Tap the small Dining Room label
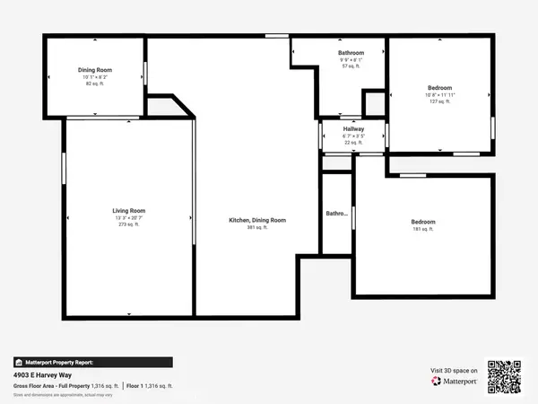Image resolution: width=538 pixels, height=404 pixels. pyautogui.click(x=95, y=69)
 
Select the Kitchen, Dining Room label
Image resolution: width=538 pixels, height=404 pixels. pyautogui.click(x=257, y=220)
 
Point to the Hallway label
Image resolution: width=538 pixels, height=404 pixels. pyautogui.click(x=352, y=129)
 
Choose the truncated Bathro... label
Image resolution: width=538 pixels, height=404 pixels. pyautogui.click(x=336, y=214)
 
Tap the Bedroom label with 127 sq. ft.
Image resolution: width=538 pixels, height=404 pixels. pyautogui.click(x=439, y=87)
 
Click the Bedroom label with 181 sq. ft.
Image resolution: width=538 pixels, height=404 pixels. pyautogui.click(x=423, y=222)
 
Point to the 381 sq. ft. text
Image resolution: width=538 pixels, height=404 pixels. pyautogui.click(x=257, y=228)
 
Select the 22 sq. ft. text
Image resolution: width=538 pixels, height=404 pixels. pyautogui.click(x=352, y=143)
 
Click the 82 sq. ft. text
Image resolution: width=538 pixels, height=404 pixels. pyautogui.click(x=95, y=83)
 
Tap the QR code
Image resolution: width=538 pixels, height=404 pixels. pyautogui.click(x=504, y=377)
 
